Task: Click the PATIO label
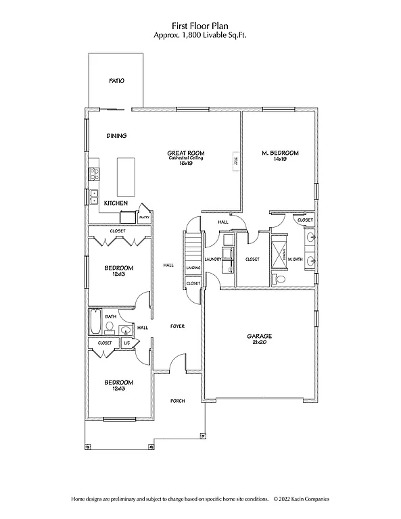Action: tap(116, 81)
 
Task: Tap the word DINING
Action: tap(116, 136)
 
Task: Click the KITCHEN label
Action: tap(116, 203)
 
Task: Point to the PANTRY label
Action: tap(143, 218)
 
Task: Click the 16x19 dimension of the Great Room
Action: tap(185, 163)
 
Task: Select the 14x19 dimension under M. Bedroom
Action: tap(280, 159)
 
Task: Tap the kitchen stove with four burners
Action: tap(94, 174)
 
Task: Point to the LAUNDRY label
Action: tap(214, 259)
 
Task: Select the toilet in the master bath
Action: tap(280, 278)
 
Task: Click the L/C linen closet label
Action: tap(126, 343)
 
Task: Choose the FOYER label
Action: tap(177, 326)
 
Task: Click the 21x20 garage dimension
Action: tap(259, 342)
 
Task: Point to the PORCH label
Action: tap(177, 401)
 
